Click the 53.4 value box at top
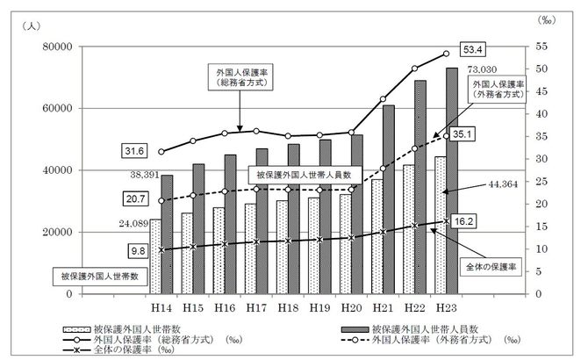click(475, 47)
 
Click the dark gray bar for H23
click(451, 180)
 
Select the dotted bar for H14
click(154, 256)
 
